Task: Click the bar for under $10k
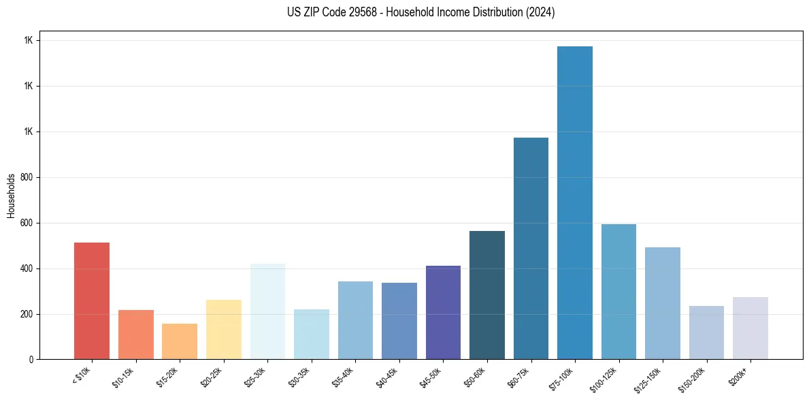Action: [x=92, y=300]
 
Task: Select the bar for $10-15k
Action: [x=135, y=335]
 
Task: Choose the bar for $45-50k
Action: [x=443, y=312]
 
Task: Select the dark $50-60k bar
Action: [x=487, y=295]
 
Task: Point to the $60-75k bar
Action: [x=531, y=248]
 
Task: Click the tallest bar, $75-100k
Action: [x=575, y=202]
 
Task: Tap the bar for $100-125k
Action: [x=618, y=292]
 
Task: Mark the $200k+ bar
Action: [x=750, y=328]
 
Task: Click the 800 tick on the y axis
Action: [x=27, y=177]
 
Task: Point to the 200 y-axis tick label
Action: [x=27, y=314]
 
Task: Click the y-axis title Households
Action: [x=11, y=196]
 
